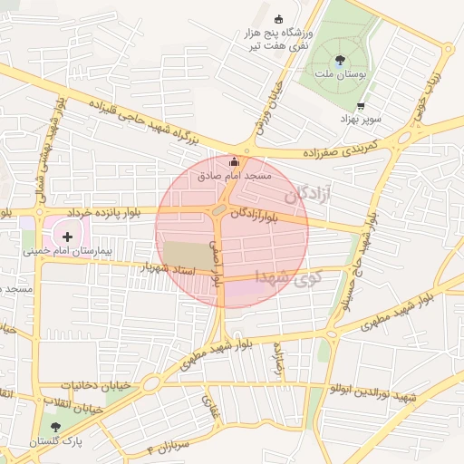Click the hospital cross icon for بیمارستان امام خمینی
point(67,236)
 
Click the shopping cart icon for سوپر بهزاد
point(361,106)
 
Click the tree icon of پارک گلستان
point(56,426)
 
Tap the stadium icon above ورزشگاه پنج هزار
point(278,18)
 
